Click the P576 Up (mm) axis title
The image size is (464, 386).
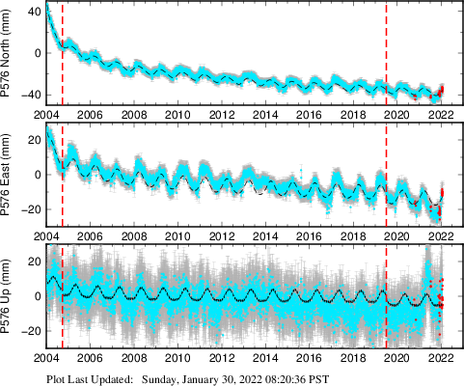[x=9, y=294]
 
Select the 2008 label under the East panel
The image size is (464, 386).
[x=134, y=235]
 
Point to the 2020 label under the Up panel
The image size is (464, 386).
[x=397, y=355]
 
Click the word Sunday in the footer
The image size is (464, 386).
[x=161, y=379]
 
